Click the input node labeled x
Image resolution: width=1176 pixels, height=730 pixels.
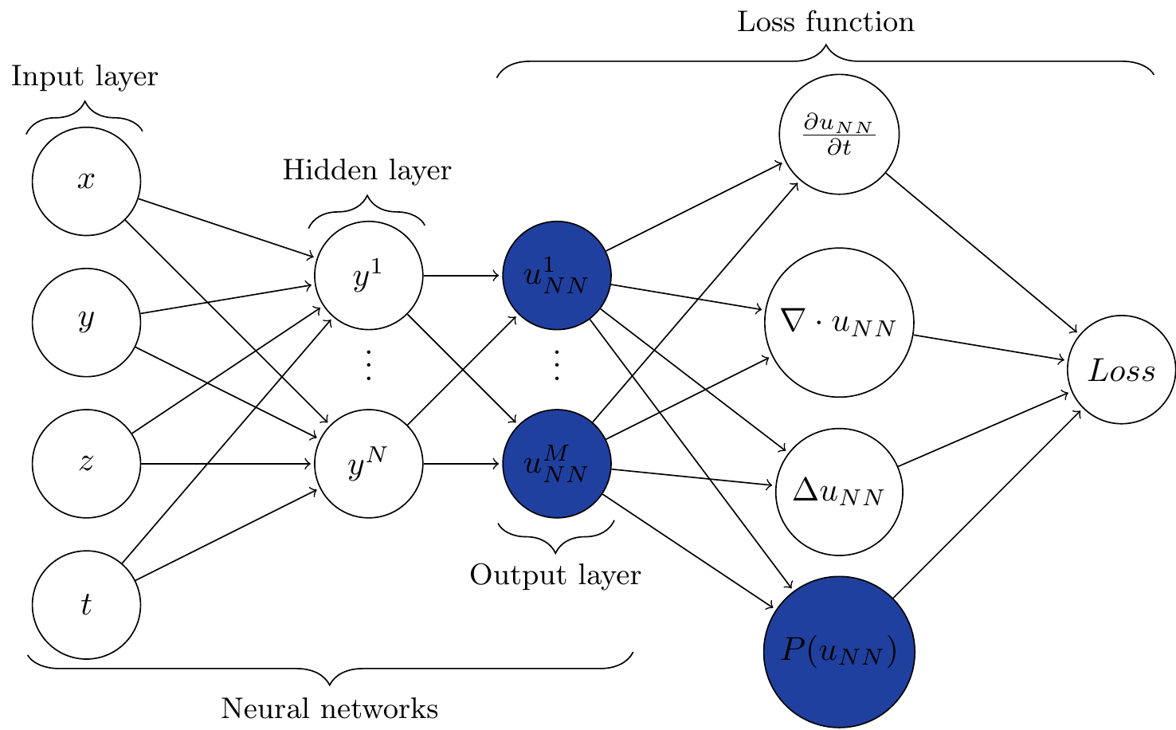coord(86,182)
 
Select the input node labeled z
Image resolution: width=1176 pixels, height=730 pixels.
coord(86,464)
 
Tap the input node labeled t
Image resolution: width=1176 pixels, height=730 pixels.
coord(86,605)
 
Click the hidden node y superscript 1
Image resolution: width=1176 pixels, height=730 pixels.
coord(368,276)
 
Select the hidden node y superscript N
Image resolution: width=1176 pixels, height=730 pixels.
coord(368,464)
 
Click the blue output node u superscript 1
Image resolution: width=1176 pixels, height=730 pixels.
coord(557,276)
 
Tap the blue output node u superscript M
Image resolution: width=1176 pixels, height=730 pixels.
coord(557,464)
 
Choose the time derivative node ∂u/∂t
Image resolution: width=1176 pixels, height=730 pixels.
coord(839,135)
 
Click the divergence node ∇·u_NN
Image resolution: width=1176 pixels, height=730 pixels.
coord(839,323)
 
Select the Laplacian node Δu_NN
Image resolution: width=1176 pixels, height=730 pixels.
coord(839,493)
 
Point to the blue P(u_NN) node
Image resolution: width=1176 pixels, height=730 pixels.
coord(839,652)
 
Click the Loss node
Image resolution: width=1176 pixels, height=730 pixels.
coord(1121,370)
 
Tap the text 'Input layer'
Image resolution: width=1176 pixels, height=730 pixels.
coord(84,77)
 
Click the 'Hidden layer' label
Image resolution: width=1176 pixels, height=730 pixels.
coord(367,171)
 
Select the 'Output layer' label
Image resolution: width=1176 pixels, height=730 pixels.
coord(555,575)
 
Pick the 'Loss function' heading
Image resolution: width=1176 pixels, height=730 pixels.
coord(825,22)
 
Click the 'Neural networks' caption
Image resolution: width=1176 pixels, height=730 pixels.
coord(329,708)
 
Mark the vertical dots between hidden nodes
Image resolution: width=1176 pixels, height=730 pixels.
coord(368,366)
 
